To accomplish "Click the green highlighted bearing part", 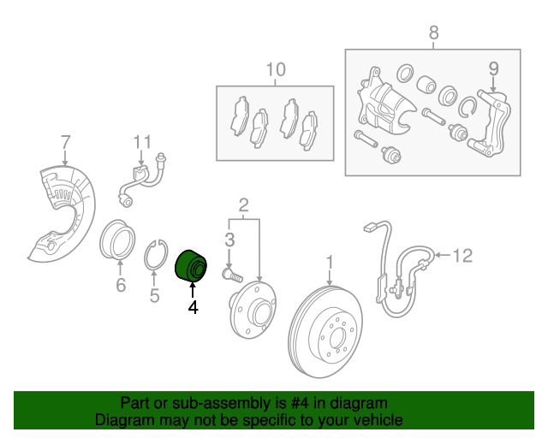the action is [x=191, y=266].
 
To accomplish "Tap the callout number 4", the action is [x=193, y=307].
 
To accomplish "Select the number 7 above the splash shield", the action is [x=65, y=143].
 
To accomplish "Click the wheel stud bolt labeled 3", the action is [x=232, y=274].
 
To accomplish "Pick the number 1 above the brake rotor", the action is [x=330, y=263].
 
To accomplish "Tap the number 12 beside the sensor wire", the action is [x=462, y=255].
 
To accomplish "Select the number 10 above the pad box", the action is [x=276, y=69].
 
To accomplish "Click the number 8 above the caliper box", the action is [x=433, y=33].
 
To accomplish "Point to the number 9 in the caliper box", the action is [x=493, y=68].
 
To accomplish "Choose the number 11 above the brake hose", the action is [x=143, y=142].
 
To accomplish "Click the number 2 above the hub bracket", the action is [x=243, y=205].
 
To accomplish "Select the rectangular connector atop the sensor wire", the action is [x=369, y=228].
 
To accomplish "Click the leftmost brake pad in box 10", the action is [x=240, y=115].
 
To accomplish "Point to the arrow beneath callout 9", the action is [x=493, y=85].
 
